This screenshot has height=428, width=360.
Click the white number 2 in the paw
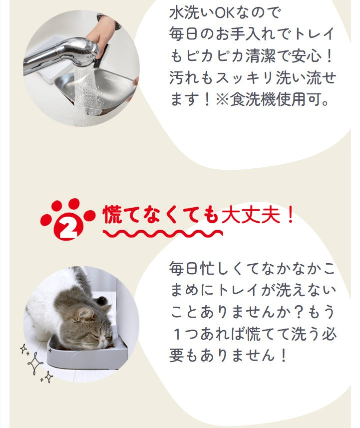(68, 229)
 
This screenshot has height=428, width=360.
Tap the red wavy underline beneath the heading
(163, 234)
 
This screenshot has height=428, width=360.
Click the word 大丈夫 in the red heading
(251, 215)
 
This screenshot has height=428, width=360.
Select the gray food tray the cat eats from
(87, 356)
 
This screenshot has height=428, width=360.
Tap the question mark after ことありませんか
(299, 312)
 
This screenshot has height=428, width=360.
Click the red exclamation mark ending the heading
(290, 215)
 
